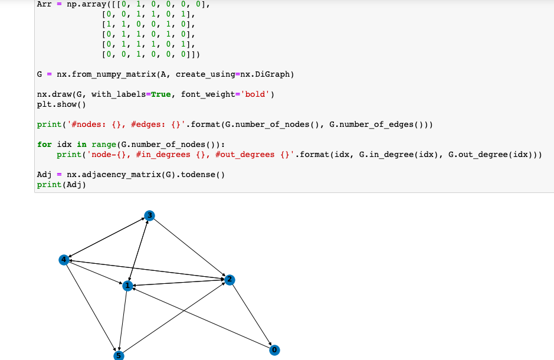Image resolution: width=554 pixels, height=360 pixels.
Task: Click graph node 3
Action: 150,216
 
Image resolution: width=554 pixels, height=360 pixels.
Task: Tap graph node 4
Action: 64,260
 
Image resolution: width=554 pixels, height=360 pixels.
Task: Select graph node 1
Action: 127,286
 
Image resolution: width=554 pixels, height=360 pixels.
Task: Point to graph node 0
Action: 274,350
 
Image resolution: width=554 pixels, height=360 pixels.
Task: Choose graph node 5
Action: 119,355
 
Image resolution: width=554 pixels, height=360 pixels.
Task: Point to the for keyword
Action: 44,145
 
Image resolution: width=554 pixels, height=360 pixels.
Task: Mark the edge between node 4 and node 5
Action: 91,307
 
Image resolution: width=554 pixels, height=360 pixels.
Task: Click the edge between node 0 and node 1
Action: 201,318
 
